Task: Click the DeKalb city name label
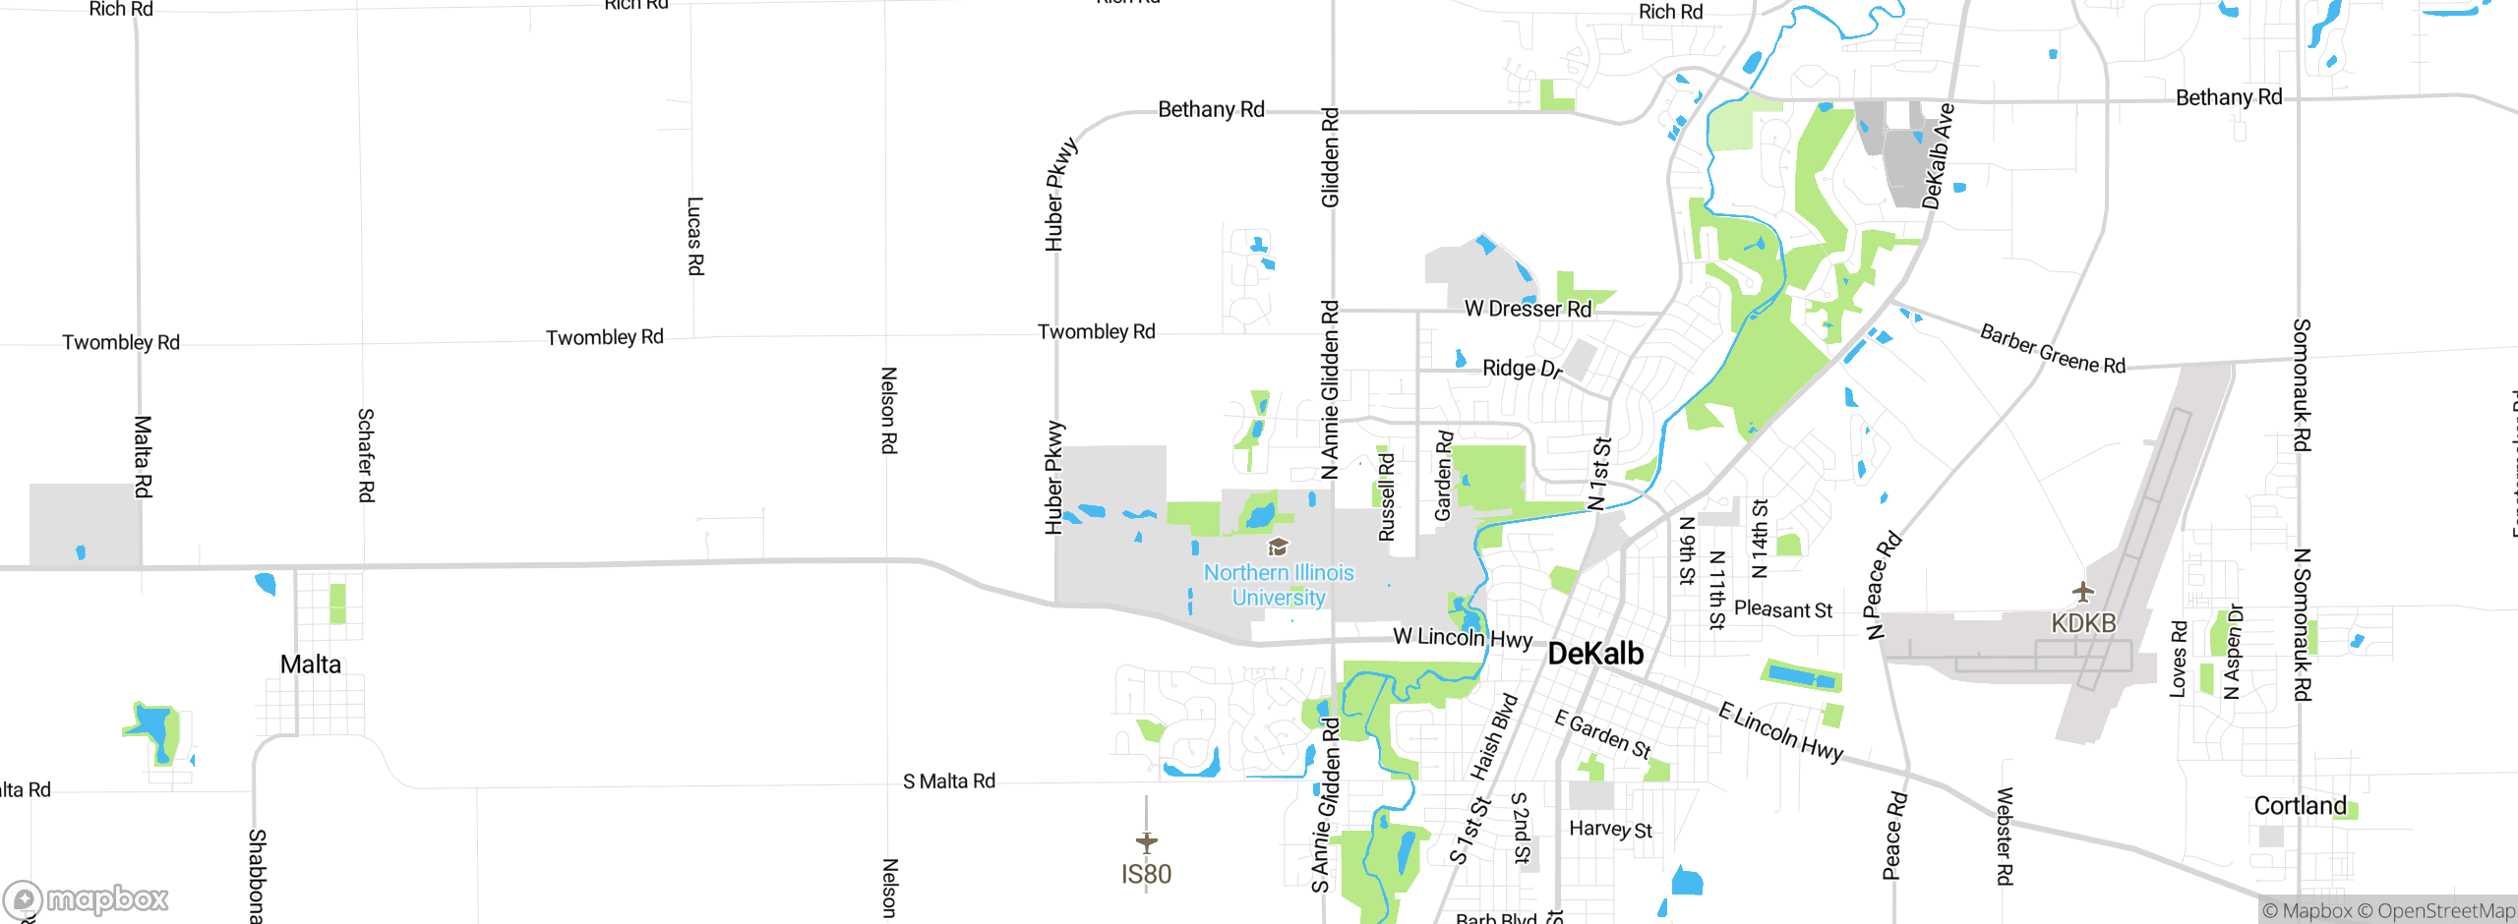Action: click(1595, 654)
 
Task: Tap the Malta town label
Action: click(311, 664)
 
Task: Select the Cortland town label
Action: click(2300, 806)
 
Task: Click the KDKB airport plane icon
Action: click(2083, 593)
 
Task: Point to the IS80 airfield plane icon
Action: click(1147, 842)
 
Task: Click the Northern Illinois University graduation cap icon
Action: click(1278, 547)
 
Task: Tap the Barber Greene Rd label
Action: click(2052, 350)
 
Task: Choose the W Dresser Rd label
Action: click(1528, 309)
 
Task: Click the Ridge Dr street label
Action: click(1522, 369)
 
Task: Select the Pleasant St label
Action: click(1783, 609)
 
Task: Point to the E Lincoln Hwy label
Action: click(1780, 731)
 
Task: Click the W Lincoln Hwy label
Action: click(1463, 637)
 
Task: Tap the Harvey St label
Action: click(1610, 830)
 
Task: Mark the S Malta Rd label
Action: click(949, 781)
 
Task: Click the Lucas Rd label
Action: click(695, 236)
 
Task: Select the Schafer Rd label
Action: click(366, 455)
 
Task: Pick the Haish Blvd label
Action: click(1494, 737)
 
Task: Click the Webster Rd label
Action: click(2005, 837)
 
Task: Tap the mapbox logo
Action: click(87, 898)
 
